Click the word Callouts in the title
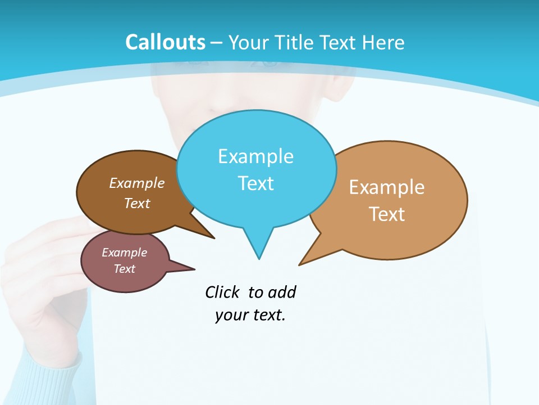(166, 42)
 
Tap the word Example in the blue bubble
(255, 156)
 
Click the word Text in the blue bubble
(255, 183)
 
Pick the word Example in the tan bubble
(387, 187)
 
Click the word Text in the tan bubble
(387, 214)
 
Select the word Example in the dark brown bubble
(137, 183)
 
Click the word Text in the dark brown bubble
(137, 203)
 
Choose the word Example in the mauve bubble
(124, 253)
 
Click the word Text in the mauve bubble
(124, 269)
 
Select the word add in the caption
(281, 292)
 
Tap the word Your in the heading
(248, 42)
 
